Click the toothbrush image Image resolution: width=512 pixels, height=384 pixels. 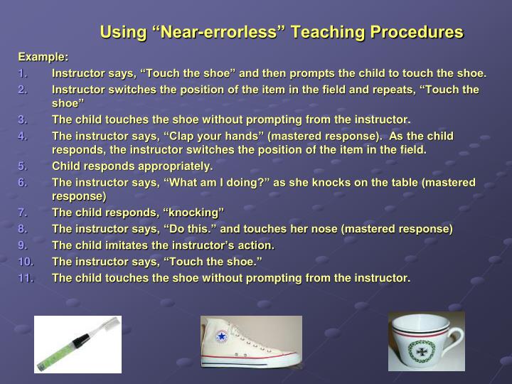(78, 344)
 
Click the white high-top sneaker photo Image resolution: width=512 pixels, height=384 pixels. (251, 343)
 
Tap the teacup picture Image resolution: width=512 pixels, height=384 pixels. (426, 341)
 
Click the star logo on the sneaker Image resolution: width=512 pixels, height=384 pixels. (220, 337)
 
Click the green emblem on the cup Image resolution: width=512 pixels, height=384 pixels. (421, 351)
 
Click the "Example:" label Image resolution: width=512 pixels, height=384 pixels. (43, 56)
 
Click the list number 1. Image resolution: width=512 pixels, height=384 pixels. (23, 73)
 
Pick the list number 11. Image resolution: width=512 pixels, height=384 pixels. (26, 277)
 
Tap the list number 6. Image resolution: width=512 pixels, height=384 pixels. (23, 183)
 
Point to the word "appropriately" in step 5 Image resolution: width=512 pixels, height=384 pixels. (176, 166)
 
